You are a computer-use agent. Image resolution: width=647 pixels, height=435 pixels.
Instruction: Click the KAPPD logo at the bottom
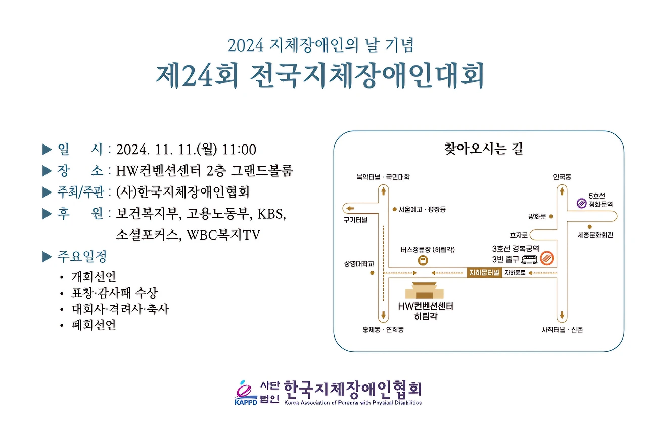(x=246, y=393)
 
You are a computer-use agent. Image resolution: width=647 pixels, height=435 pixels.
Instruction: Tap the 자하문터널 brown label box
(x=484, y=273)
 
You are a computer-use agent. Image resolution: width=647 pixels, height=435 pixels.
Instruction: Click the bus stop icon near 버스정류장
(x=423, y=260)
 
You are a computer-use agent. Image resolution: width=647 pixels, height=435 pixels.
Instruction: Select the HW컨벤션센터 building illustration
(x=424, y=291)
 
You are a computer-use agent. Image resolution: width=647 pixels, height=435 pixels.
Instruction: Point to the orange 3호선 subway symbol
(x=547, y=258)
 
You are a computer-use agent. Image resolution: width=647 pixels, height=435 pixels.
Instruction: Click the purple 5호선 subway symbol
(x=581, y=203)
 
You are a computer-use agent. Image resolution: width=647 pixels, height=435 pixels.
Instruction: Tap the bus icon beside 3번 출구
(x=529, y=260)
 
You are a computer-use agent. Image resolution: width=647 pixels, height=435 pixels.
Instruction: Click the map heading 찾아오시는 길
(x=484, y=149)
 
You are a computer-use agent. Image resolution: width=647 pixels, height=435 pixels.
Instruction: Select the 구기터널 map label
(x=355, y=220)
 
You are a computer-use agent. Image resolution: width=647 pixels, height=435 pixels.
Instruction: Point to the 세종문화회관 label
(x=595, y=235)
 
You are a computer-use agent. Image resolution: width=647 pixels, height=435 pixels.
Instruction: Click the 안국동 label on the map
(x=562, y=177)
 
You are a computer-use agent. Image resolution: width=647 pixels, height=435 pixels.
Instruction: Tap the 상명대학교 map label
(x=359, y=264)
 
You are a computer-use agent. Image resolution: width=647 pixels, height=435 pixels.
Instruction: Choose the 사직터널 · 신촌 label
(x=562, y=329)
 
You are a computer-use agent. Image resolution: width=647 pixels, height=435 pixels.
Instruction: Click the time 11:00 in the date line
(x=239, y=150)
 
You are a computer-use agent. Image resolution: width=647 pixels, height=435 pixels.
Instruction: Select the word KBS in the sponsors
(x=271, y=214)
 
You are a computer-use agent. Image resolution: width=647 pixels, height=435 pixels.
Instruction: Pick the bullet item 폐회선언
(x=94, y=325)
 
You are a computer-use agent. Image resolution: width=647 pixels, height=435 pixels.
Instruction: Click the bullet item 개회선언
(x=94, y=276)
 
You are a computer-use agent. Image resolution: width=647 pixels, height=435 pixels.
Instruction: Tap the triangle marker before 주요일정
(x=47, y=257)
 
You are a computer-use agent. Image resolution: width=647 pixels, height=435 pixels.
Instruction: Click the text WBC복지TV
(x=223, y=235)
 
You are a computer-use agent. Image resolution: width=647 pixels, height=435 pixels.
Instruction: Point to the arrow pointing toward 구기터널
(x=350, y=209)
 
